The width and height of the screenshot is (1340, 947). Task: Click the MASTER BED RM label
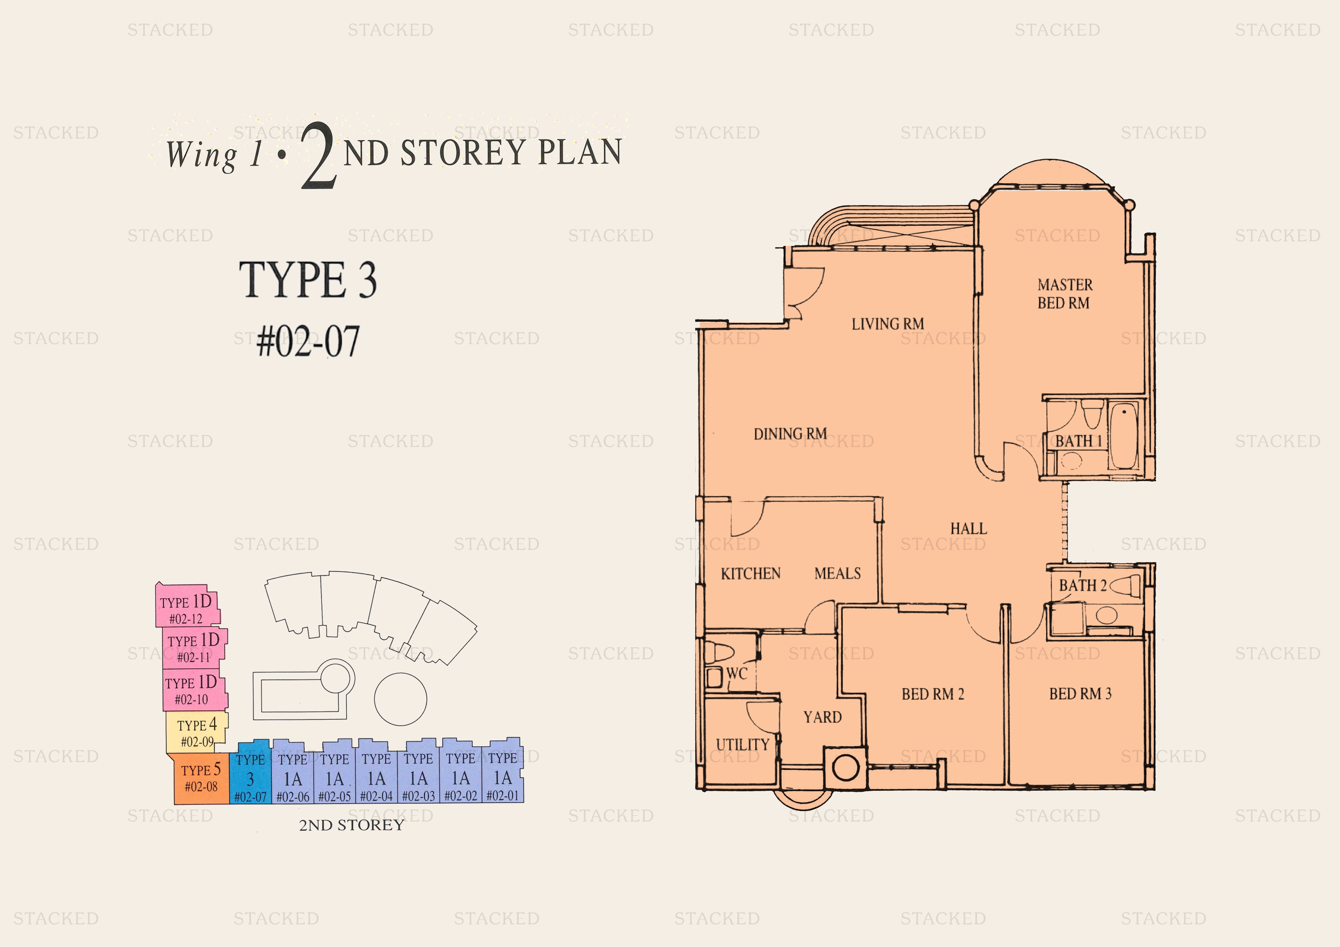(1065, 294)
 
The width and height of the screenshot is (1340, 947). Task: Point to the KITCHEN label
(751, 574)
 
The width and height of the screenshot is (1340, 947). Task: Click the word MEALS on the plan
(837, 574)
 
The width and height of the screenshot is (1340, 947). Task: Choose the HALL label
(968, 528)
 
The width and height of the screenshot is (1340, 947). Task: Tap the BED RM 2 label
(933, 694)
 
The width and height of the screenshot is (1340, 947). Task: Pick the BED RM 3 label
(1080, 694)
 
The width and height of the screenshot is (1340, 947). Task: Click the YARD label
(822, 717)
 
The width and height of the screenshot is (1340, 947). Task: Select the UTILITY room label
(742, 745)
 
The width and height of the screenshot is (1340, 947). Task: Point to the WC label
(736, 674)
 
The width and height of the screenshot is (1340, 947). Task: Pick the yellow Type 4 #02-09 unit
(197, 733)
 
